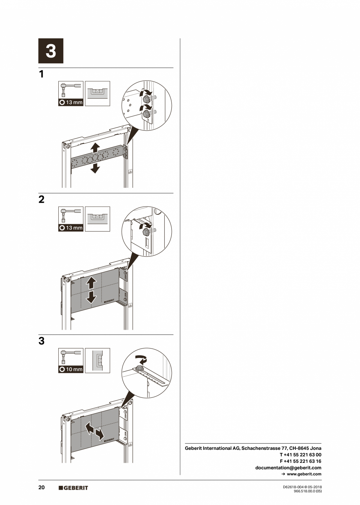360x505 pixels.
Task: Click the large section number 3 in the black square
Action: pyautogui.click(x=50, y=51)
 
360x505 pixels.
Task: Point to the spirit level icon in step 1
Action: pyautogui.click(x=97, y=93)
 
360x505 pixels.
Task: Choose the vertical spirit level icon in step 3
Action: pyautogui.click(x=97, y=360)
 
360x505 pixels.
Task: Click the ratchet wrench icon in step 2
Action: pyautogui.click(x=71, y=215)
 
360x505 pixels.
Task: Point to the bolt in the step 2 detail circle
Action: pyautogui.click(x=147, y=232)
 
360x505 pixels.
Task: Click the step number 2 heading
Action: pyautogui.click(x=41, y=199)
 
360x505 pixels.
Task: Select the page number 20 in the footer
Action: pyautogui.click(x=41, y=487)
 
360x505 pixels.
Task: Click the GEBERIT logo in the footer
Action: pyautogui.click(x=74, y=488)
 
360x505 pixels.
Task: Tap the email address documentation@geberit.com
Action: pyautogui.click(x=288, y=467)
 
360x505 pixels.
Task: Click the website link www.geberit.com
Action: pyautogui.click(x=304, y=474)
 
